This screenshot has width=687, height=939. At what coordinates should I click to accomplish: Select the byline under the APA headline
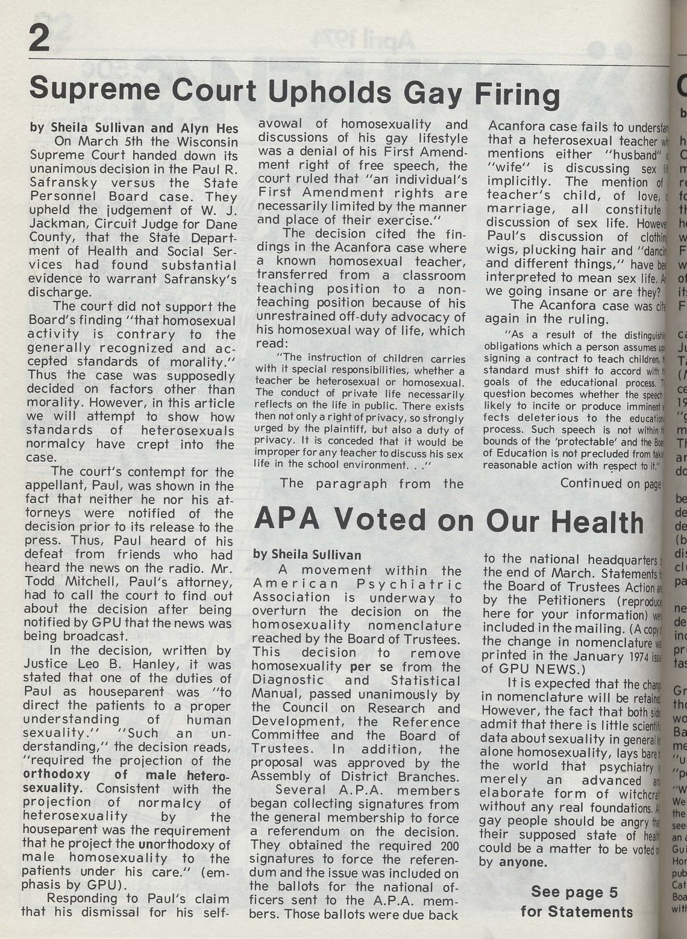click(307, 555)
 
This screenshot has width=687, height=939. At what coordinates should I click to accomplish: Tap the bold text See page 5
click(575, 891)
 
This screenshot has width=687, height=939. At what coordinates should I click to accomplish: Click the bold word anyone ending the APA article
click(523, 862)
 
